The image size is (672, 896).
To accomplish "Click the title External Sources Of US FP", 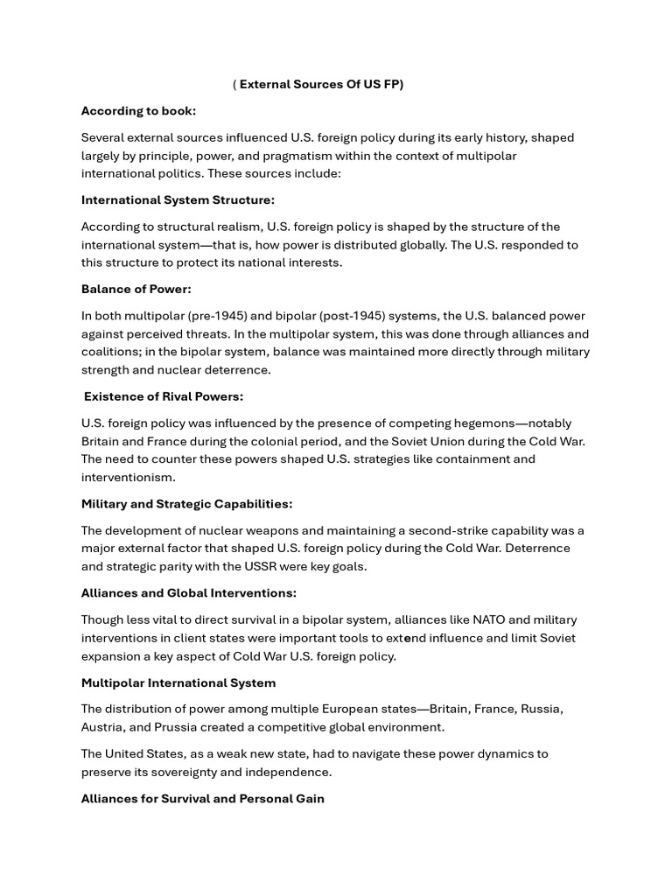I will (x=321, y=85).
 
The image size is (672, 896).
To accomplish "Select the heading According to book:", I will (x=138, y=111).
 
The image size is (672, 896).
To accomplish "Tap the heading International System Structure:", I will (x=178, y=200).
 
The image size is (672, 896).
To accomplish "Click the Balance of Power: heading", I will (x=136, y=289).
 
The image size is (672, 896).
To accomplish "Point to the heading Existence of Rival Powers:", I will (x=164, y=396).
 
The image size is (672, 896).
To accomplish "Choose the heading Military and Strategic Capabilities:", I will (x=186, y=504).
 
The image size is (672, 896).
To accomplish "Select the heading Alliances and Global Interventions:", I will (x=188, y=593).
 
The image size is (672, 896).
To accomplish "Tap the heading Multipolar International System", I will (x=178, y=682).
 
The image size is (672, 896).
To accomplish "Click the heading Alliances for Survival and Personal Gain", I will (x=202, y=798).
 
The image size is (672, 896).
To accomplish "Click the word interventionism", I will (x=128, y=477).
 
